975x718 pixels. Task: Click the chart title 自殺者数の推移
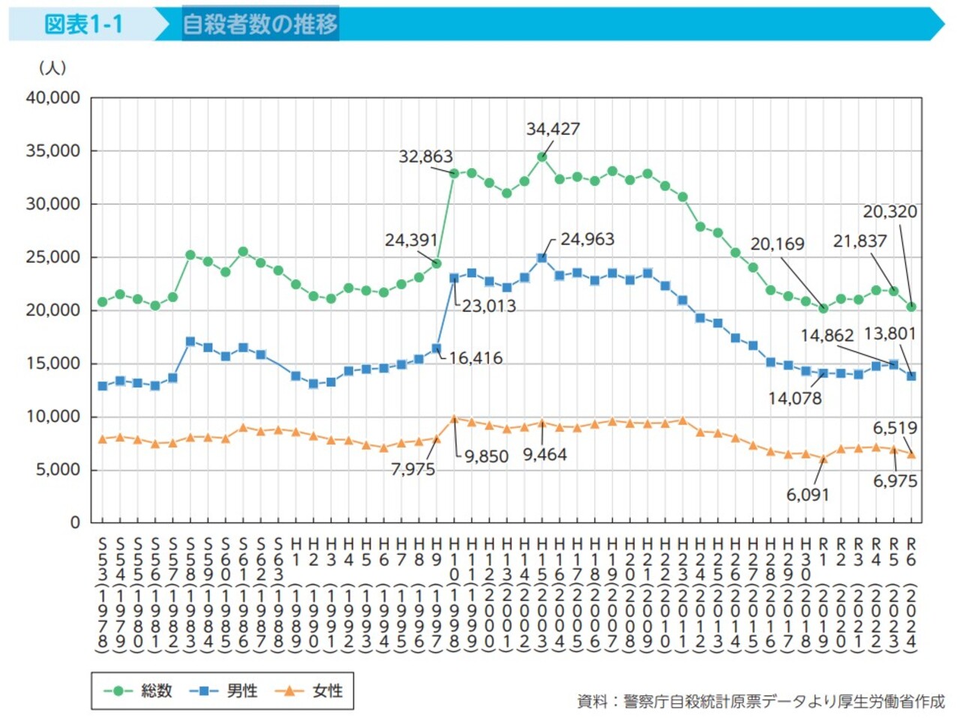260,24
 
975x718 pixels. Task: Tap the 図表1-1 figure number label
83,24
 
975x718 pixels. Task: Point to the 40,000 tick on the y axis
53,97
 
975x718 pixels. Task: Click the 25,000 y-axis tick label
53,257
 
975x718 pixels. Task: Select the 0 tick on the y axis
75,522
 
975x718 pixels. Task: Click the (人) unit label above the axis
52,67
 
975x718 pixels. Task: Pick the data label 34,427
553,129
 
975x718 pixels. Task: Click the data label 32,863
425,157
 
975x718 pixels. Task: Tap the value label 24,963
587,239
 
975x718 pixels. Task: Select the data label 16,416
475,358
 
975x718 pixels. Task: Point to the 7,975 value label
412,470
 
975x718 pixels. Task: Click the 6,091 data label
808,495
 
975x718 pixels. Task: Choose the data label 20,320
889,212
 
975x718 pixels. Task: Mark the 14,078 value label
794,399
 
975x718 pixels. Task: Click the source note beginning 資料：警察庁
760,702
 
